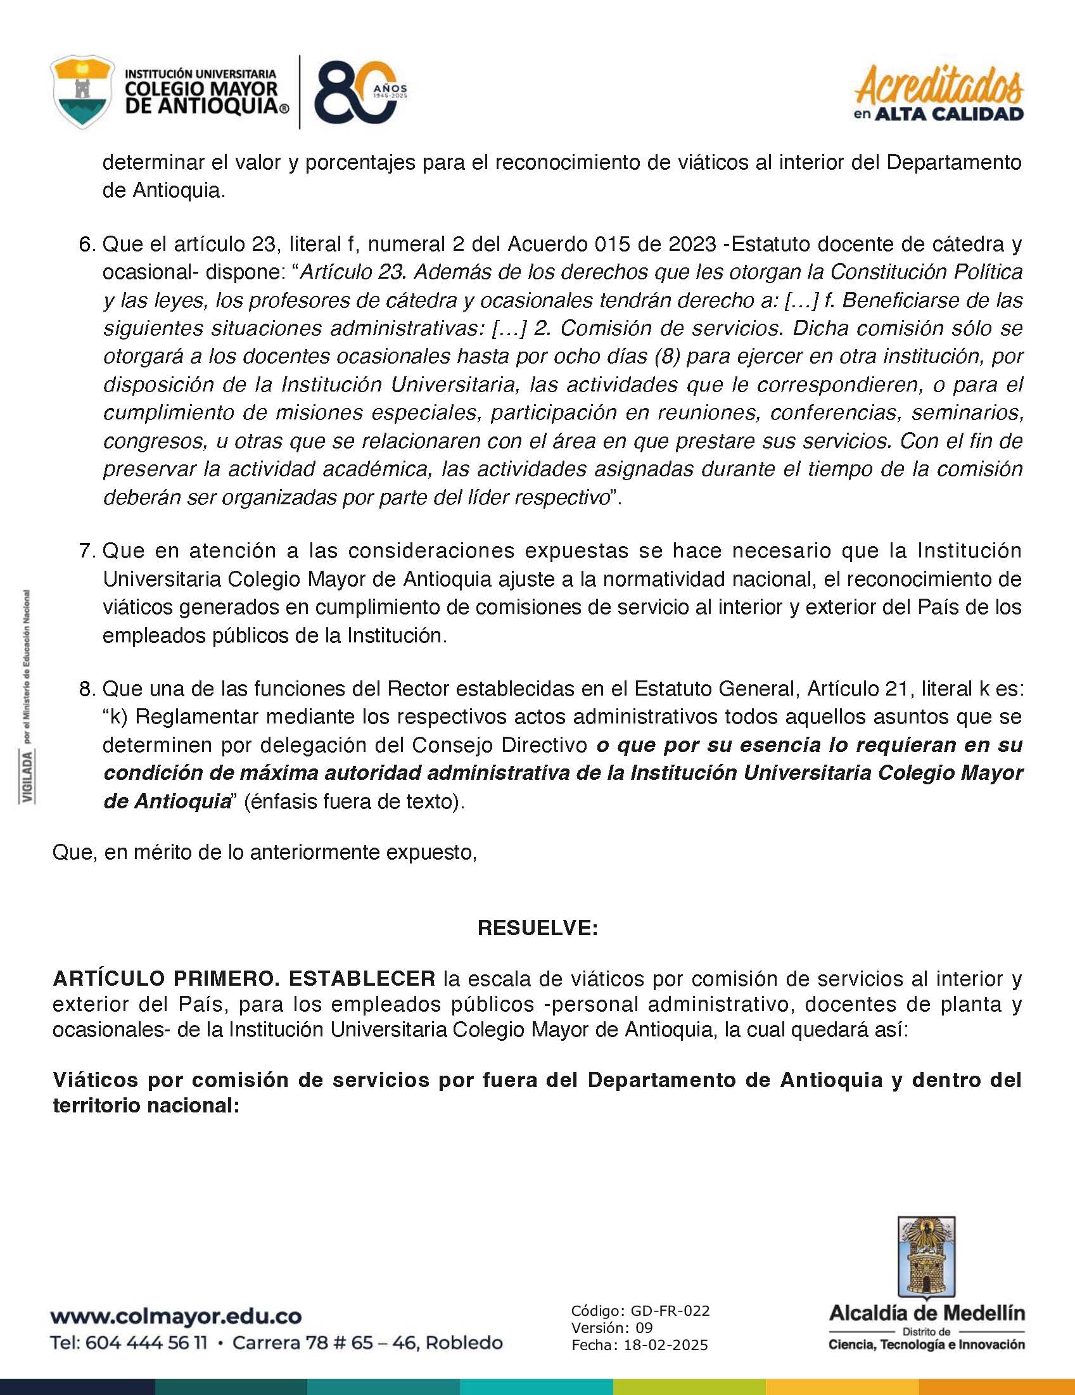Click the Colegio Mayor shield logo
pos(82,92)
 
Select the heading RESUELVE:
pos(537,928)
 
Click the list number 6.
pos(87,245)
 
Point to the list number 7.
pos(87,551)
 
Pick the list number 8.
pos(87,689)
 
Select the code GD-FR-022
pos(670,1311)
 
